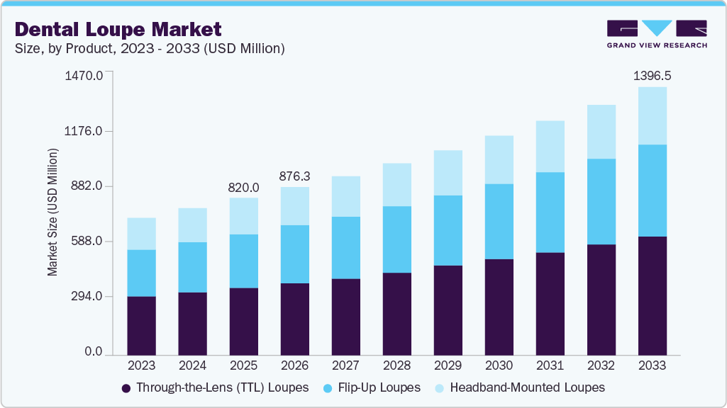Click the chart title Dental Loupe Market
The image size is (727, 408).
point(118,29)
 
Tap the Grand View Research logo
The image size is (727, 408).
point(656,33)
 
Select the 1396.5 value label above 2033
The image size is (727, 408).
point(652,75)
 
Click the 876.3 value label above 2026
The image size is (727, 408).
point(294,176)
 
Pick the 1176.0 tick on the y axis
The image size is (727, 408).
point(84,131)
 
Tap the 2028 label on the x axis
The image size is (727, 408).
point(396,365)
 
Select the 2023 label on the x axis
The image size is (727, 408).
point(141,365)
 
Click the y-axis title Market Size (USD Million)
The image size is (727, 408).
point(52,212)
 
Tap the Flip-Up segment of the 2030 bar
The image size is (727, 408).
point(499,222)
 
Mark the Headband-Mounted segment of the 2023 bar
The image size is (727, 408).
point(141,234)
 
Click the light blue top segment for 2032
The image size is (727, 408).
point(601,132)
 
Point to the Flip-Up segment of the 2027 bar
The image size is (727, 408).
point(345,248)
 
